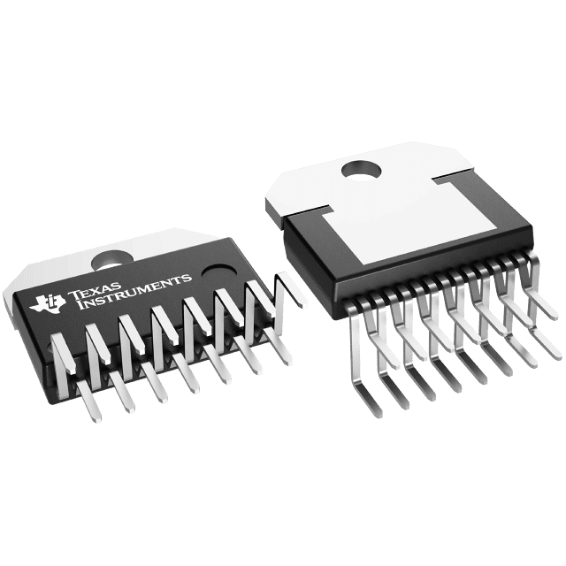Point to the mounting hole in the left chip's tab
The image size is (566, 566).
(x=111, y=260)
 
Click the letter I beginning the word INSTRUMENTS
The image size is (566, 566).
(x=81, y=304)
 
